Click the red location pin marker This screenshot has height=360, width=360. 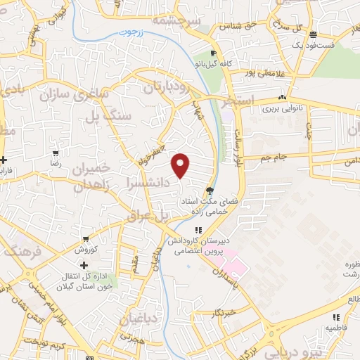click(x=181, y=165)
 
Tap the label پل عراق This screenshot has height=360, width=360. click(x=148, y=217)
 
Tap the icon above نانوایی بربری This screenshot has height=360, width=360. click(x=281, y=98)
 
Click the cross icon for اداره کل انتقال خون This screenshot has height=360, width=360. click(x=84, y=265)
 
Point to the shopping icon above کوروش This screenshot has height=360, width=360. click(x=85, y=239)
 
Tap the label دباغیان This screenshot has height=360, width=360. click(x=141, y=321)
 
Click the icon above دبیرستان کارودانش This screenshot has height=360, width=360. click(x=198, y=230)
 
